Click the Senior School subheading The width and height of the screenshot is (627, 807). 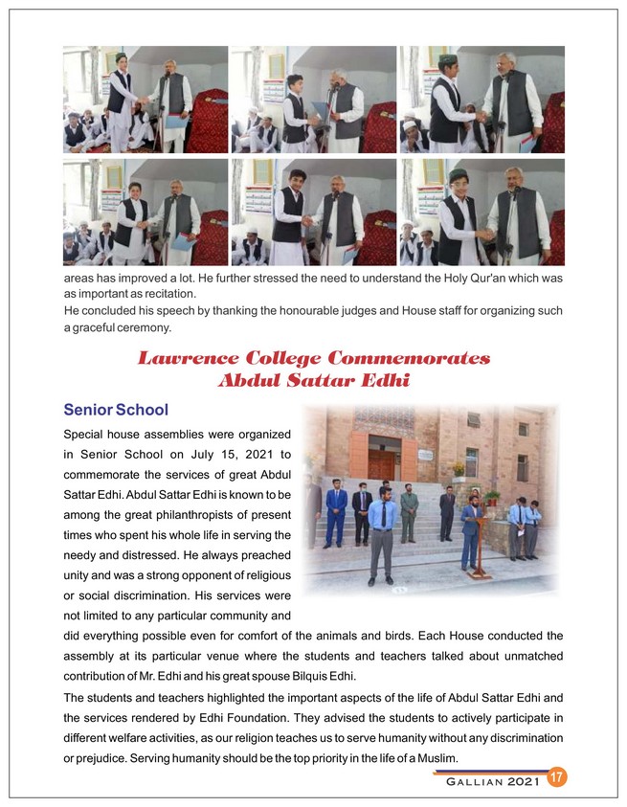[116, 410]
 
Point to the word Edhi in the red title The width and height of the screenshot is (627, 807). [384, 380]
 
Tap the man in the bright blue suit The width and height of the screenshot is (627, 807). [335, 512]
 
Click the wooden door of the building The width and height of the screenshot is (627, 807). [382, 457]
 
